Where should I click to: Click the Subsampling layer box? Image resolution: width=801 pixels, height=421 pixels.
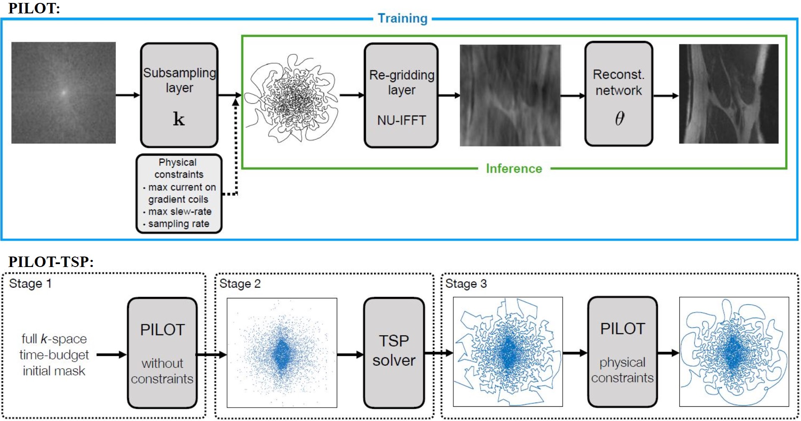179,95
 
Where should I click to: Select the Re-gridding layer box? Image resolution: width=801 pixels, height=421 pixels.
401,95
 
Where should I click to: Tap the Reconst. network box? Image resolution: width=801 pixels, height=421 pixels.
619,94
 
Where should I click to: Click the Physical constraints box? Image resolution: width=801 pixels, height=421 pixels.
179,193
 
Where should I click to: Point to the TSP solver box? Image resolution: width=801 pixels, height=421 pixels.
394,352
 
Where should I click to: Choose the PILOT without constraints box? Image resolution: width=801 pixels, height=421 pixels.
162,353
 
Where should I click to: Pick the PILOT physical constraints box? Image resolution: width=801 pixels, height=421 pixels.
622,352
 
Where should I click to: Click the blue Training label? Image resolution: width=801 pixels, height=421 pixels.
402,18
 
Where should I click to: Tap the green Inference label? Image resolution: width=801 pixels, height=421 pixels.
514,169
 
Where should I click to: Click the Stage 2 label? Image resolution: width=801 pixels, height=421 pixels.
240,284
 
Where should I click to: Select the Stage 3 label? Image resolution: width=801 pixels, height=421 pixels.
466,284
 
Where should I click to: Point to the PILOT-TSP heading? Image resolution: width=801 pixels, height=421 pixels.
51,262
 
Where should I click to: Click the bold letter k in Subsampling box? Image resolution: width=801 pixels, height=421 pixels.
179,119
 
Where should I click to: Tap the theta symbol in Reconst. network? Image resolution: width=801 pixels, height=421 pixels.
619,118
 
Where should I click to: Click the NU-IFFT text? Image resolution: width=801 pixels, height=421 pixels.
402,121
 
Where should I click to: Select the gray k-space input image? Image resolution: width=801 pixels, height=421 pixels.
64,92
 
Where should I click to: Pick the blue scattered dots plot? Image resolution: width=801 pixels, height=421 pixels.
282,353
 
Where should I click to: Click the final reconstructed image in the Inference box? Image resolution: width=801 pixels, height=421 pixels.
729,94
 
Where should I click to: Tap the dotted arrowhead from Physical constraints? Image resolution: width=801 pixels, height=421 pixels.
236,102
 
